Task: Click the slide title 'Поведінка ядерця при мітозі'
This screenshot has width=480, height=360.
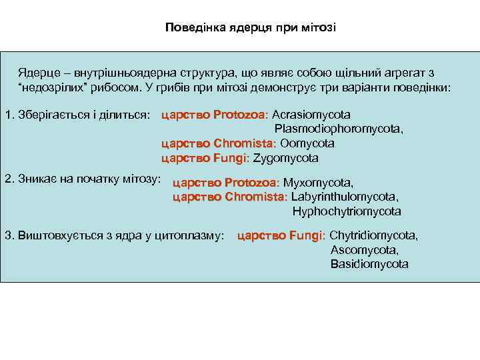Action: tap(251, 29)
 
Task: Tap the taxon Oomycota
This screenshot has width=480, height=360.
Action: tap(307, 143)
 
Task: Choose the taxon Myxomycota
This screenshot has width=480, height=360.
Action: tap(318, 183)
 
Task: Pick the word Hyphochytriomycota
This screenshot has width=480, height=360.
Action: tap(347, 212)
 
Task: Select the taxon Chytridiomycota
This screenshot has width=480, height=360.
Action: tap(373, 236)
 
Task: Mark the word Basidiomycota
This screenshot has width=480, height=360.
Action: tap(369, 265)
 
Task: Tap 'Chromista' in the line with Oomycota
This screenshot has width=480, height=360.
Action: tap(249, 143)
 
